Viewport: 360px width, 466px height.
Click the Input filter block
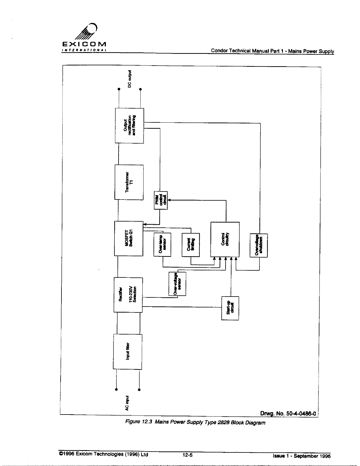tap(127, 351)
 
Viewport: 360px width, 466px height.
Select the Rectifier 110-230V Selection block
tap(128, 294)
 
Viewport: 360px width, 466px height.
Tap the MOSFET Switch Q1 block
tap(129, 238)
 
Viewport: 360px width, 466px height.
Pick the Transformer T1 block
tap(129, 182)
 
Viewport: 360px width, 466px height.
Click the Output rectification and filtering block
tap(129, 126)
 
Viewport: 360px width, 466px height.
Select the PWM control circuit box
tap(161, 200)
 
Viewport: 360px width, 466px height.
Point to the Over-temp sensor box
tap(162, 244)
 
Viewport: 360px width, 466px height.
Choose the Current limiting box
tap(191, 244)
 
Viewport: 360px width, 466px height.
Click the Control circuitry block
tap(225, 239)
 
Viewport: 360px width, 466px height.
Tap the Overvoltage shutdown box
tap(259, 245)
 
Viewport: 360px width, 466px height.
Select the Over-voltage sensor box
tap(177, 283)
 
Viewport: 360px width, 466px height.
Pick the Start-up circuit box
tap(230, 308)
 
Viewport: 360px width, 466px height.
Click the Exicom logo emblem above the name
tap(88, 32)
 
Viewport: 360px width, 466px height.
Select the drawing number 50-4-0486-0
tap(288, 414)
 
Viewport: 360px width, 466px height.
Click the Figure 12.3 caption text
tap(195, 423)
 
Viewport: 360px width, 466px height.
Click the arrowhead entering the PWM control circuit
tap(169, 200)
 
